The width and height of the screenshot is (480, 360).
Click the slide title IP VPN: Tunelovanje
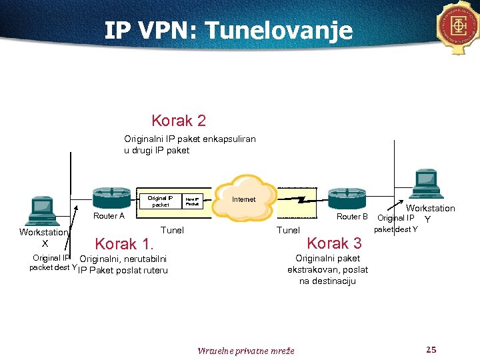[228, 30]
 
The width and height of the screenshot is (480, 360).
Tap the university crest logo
[459, 27]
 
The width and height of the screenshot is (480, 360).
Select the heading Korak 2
[179, 121]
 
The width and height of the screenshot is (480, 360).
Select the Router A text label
[109, 216]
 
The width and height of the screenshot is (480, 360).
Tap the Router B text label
[352, 217]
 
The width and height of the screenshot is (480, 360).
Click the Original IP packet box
[160, 201]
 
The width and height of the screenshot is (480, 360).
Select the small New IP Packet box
[193, 201]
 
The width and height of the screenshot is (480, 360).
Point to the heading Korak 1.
[125, 244]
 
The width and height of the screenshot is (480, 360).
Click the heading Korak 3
[334, 243]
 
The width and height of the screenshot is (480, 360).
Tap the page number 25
[431, 350]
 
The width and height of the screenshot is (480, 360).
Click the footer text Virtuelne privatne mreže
[246, 351]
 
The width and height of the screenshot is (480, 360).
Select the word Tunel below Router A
[173, 230]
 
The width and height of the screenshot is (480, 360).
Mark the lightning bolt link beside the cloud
[302, 199]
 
